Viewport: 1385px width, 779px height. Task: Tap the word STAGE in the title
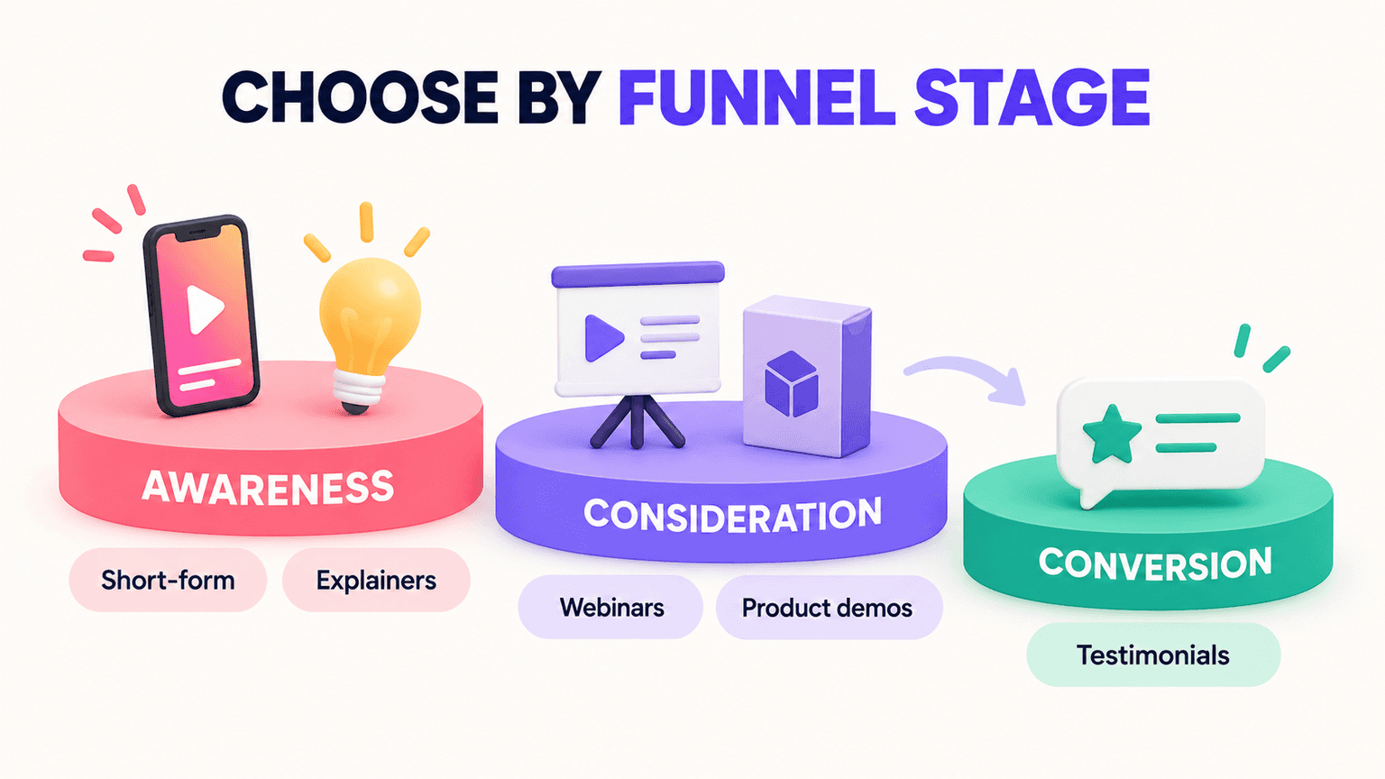click(1032, 98)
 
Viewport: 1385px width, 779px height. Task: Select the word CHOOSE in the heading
click(360, 98)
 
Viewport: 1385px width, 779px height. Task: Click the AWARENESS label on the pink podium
click(268, 488)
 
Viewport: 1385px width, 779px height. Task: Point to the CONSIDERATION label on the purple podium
click(733, 515)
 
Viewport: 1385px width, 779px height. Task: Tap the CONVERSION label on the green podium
click(1155, 564)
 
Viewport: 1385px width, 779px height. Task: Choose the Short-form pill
click(168, 580)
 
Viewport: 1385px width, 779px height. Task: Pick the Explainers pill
click(376, 580)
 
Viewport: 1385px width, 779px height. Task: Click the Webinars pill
click(610, 607)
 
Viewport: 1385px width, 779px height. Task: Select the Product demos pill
click(830, 607)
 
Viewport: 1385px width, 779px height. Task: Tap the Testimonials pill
click(1153, 655)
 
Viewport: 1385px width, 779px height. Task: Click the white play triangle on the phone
click(205, 309)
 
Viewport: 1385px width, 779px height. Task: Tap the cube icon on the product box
click(792, 384)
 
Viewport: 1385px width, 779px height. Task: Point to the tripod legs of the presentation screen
click(637, 421)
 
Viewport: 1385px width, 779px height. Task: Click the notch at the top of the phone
click(197, 232)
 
